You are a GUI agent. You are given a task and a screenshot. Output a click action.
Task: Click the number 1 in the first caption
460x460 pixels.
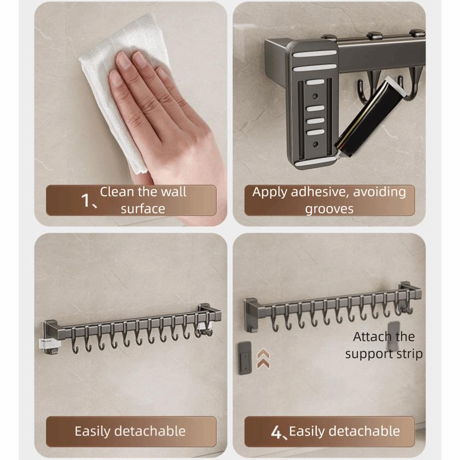(x=86, y=200)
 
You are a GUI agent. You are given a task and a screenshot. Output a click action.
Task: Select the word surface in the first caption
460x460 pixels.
(x=143, y=208)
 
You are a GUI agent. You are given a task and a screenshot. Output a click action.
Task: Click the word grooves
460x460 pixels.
(x=329, y=208)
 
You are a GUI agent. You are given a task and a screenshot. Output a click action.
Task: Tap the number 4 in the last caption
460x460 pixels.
(x=276, y=431)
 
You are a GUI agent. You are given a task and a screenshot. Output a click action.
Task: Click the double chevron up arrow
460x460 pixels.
(x=264, y=358)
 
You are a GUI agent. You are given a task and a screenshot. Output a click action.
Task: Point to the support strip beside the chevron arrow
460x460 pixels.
(x=245, y=357)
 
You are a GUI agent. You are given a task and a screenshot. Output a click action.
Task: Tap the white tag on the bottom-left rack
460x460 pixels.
(x=50, y=343)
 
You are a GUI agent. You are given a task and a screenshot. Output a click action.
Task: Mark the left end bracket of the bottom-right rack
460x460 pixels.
(x=251, y=313)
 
